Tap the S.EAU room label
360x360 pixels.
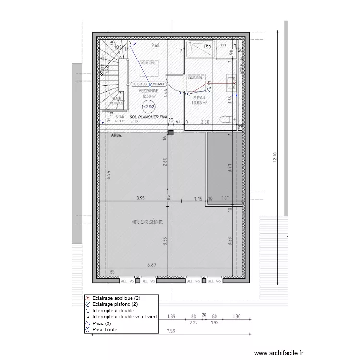[x=198, y=97]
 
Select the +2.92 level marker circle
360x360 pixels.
[x=149, y=107]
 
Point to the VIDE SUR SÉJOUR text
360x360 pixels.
[x=147, y=222]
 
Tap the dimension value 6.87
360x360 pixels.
[x=152, y=265]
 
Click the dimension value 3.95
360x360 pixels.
[x=140, y=198]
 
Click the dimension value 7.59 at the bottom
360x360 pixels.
[x=170, y=331]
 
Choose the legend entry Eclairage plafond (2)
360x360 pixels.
[x=112, y=304]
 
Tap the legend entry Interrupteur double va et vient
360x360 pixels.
[x=124, y=317]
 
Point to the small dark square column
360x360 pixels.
[x=170, y=132]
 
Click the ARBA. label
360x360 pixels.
[x=116, y=136]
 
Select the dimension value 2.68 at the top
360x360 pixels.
[x=155, y=45]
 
